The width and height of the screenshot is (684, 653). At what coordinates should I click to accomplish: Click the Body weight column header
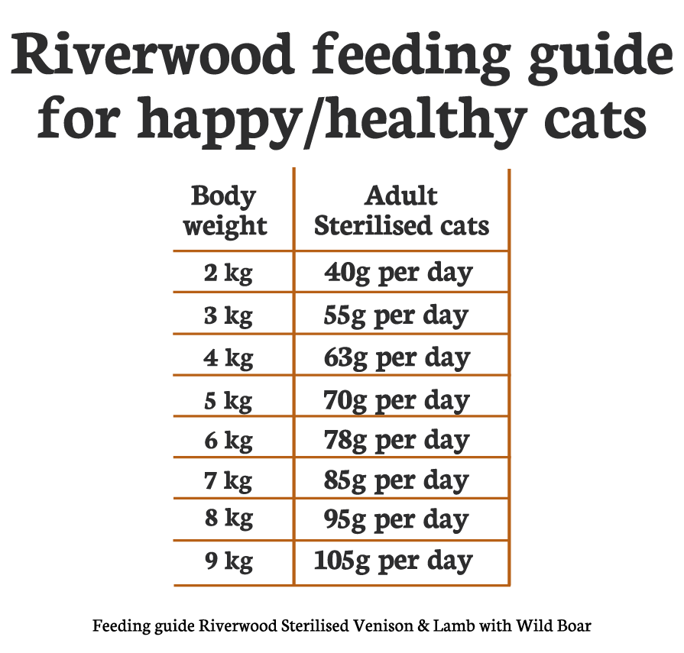(225, 211)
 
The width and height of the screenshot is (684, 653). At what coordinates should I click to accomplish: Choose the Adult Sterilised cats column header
(401, 211)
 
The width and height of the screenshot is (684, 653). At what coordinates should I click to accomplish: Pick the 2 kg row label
(228, 273)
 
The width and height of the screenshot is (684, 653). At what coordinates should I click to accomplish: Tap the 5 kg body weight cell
(228, 399)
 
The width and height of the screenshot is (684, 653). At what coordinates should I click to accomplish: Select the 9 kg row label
(228, 561)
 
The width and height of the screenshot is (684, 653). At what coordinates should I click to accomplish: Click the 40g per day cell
(398, 273)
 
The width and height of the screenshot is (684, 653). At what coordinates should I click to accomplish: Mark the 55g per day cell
(396, 315)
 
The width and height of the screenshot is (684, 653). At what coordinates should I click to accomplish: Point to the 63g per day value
(397, 357)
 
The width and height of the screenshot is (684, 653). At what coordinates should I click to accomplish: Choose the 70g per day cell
(397, 399)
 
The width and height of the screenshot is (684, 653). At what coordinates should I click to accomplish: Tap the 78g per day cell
(396, 441)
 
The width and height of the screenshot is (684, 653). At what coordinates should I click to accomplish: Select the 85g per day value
(396, 481)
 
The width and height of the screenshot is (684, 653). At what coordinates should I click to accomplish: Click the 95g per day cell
(396, 520)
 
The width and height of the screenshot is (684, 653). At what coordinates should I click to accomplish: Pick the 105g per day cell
(393, 561)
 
